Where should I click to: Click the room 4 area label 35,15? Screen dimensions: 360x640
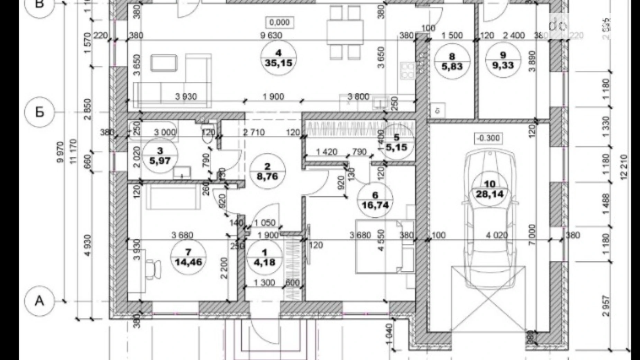click(278, 58)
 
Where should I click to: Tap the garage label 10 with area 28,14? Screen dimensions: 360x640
click(490, 189)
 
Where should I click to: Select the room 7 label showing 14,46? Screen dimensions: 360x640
click(188, 257)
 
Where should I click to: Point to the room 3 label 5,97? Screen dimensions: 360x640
click(160, 156)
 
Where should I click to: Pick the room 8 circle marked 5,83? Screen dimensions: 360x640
click(452, 61)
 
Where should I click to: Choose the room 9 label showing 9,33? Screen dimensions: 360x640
click(503, 60)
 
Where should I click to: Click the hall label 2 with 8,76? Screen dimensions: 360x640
click(267, 172)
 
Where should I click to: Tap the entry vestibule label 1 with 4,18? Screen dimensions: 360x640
click(265, 258)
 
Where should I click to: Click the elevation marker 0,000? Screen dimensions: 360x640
click(279, 22)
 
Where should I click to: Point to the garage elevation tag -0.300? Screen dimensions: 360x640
click(488, 138)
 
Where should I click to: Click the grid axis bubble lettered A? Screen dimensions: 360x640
click(40, 301)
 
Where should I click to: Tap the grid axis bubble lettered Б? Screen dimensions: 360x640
click(40, 112)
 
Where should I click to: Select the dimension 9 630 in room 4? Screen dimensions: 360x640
click(271, 35)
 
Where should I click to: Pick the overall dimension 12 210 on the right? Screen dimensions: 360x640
click(624, 167)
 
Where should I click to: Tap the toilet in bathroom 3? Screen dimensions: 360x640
click(207, 138)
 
